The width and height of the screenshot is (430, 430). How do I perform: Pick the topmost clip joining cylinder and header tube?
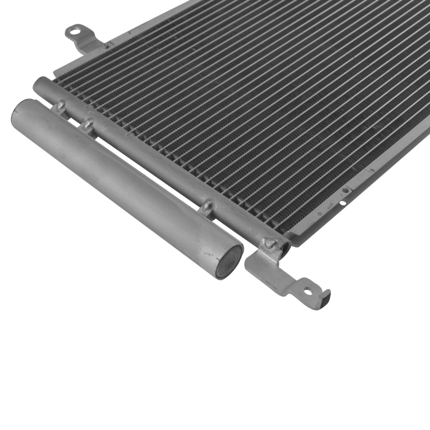tap(61, 104)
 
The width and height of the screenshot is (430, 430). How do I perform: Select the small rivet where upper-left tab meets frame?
tap(106, 45)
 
